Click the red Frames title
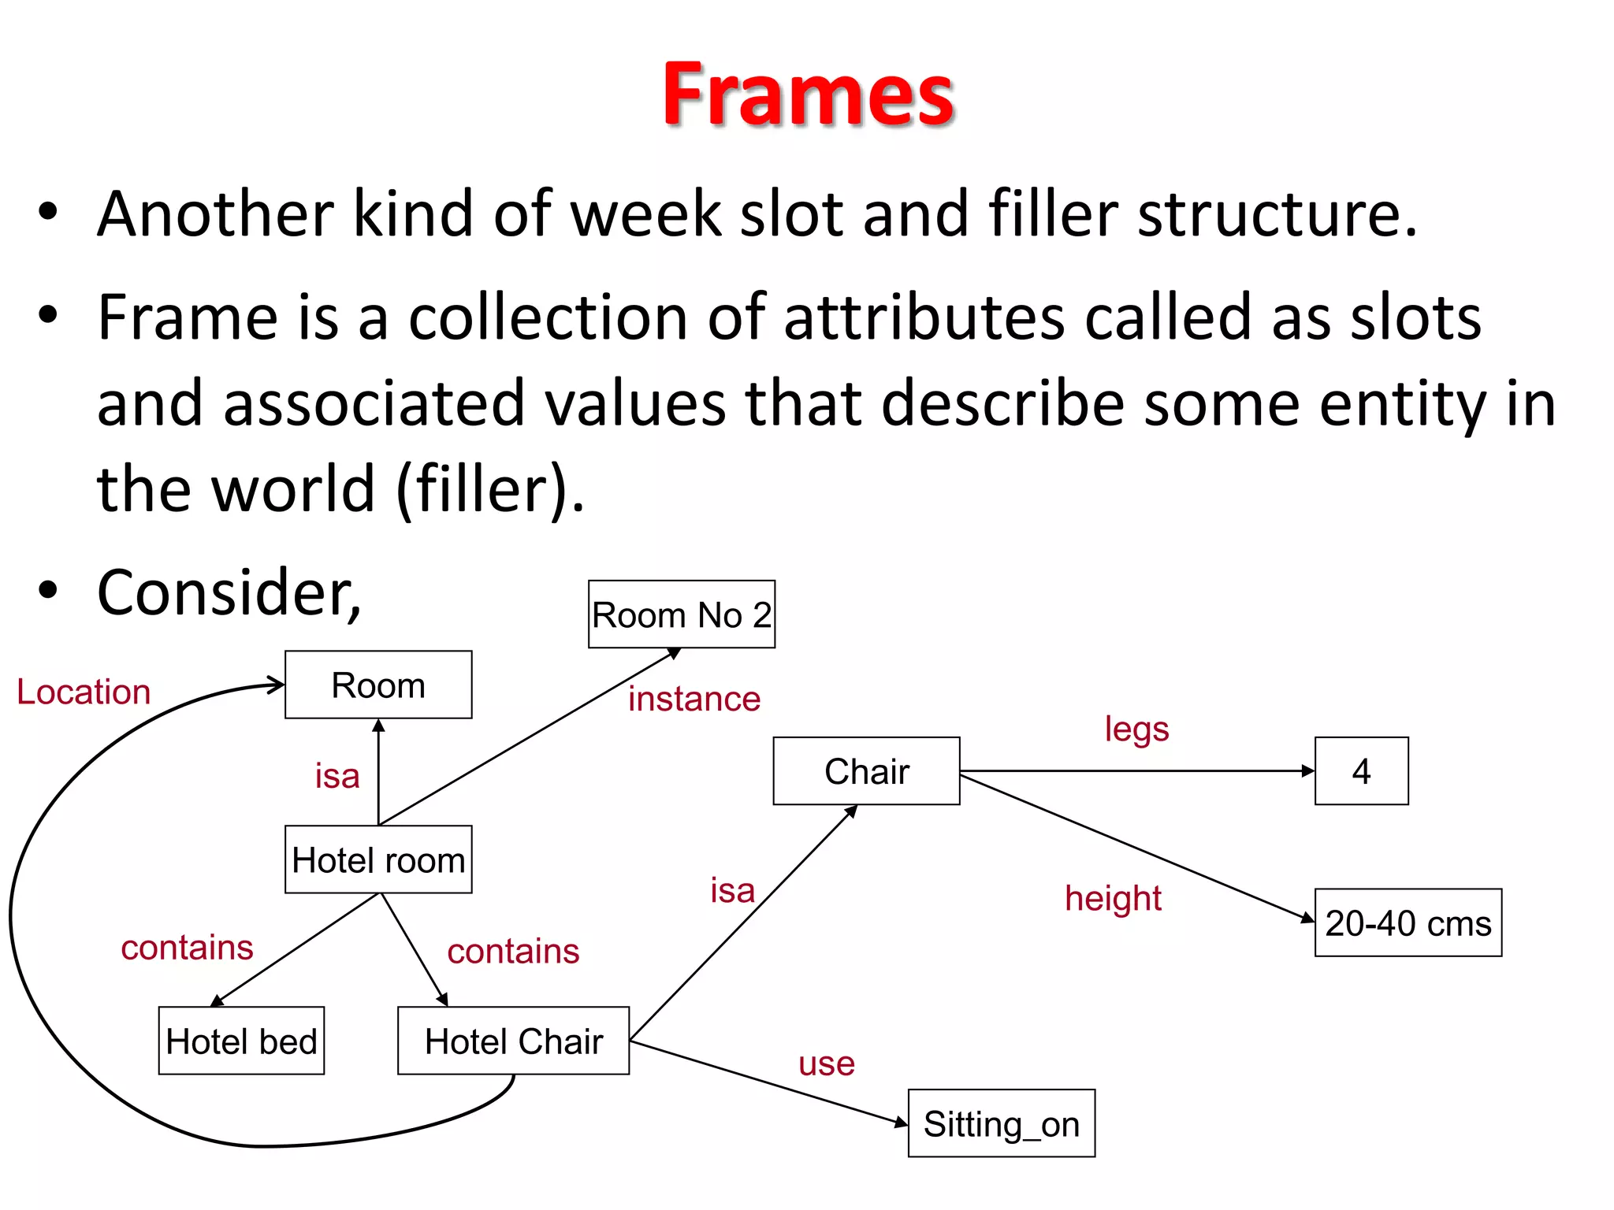point(808,95)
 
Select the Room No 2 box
point(682,614)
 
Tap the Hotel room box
point(378,859)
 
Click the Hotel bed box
point(241,1041)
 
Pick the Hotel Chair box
point(513,1041)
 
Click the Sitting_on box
point(1001,1123)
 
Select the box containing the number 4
point(1361,770)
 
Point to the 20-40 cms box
point(1408,922)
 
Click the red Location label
point(84,692)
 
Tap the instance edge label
point(694,699)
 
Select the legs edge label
point(1136,729)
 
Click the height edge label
point(1113,898)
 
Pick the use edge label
point(826,1063)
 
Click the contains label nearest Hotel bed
point(187,947)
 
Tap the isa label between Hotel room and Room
point(337,776)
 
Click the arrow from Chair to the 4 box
point(1135,770)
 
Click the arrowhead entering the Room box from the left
point(276,684)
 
